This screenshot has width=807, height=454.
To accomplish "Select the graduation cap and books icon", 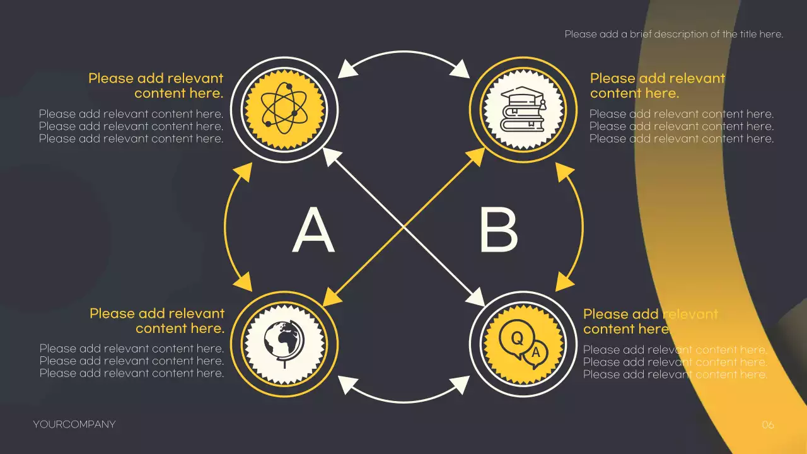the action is pyautogui.click(x=523, y=108).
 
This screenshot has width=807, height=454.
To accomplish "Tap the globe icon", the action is pyautogui.click(x=284, y=344).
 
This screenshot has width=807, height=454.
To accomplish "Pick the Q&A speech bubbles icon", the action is pyautogui.click(x=523, y=344).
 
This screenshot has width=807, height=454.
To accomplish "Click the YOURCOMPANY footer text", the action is pyautogui.click(x=74, y=424).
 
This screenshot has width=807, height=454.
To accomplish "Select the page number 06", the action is pyautogui.click(x=767, y=425).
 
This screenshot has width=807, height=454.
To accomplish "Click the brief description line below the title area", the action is pyautogui.click(x=673, y=34).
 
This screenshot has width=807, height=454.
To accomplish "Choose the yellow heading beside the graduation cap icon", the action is pyautogui.click(x=657, y=86).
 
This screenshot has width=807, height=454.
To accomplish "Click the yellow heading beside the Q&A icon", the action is pyautogui.click(x=650, y=322).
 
